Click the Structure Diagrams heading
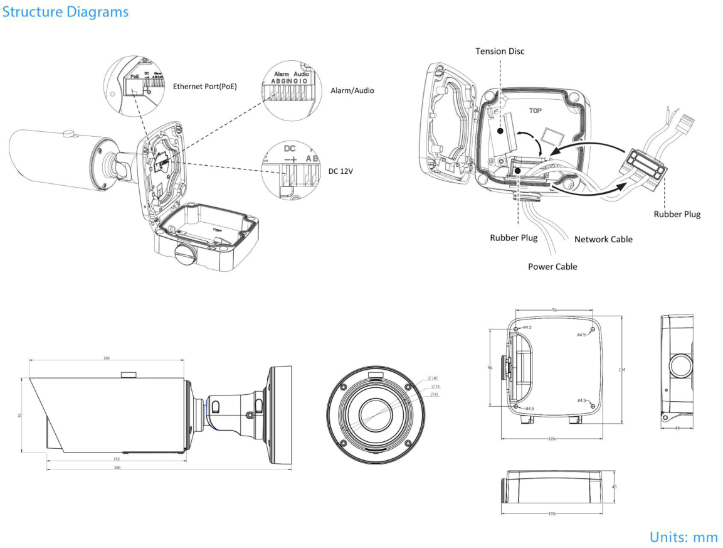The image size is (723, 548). [x=65, y=12]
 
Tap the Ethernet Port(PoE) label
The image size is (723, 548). [x=205, y=87]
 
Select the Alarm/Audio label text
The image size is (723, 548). [x=352, y=90]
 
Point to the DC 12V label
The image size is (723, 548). [x=341, y=171]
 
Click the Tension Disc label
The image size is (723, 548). [x=500, y=51]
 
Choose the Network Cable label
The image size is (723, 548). [x=603, y=239]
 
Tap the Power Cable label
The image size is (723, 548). [x=552, y=266]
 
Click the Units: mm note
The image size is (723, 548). [x=683, y=537]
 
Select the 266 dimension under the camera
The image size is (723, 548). [x=117, y=468]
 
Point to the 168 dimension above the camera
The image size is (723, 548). [x=107, y=358]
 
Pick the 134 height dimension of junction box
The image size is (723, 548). [x=621, y=370]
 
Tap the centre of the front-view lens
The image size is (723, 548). [x=376, y=414]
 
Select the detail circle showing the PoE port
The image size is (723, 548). [x=134, y=86]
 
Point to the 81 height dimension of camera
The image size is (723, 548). [x=21, y=414]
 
